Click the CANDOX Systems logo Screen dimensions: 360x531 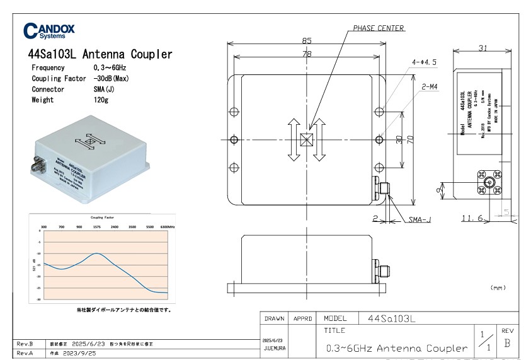click(49, 31)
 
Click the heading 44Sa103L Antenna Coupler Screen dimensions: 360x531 click(100, 54)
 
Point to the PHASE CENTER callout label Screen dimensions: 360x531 click(378, 28)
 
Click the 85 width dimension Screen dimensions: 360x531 click(307, 40)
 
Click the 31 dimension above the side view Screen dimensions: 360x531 click(483, 48)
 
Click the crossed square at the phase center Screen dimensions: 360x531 click(307, 140)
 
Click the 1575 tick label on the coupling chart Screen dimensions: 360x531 click(97, 226)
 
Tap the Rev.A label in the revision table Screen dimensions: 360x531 click(25, 354)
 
